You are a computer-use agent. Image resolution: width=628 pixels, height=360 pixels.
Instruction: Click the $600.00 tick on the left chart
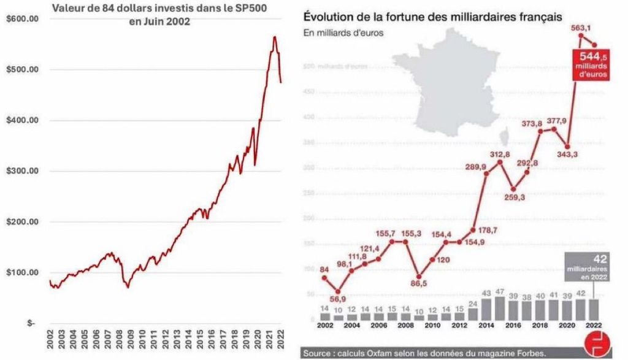click(x=22, y=18)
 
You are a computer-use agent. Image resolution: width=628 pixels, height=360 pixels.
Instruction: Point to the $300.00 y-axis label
click(x=22, y=171)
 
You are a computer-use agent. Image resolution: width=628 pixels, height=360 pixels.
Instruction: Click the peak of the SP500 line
click(x=274, y=37)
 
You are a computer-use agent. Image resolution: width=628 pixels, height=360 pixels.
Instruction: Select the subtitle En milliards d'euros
click(x=343, y=33)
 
